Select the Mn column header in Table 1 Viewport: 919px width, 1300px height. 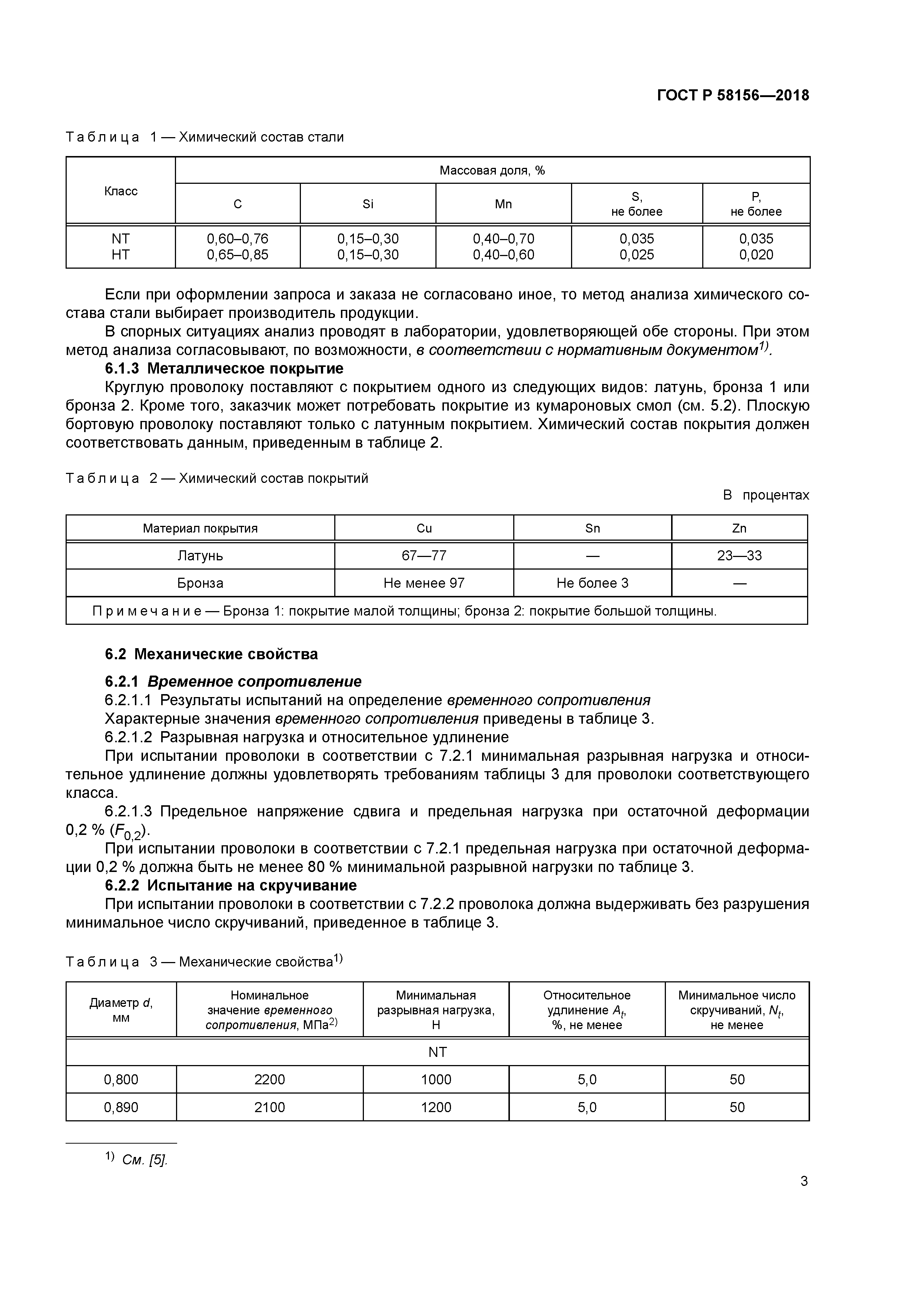click(503, 204)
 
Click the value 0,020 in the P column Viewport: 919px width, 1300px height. click(756, 255)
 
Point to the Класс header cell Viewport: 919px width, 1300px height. click(120, 191)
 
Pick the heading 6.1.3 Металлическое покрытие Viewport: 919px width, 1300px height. click(224, 369)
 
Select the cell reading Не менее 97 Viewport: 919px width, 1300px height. click(424, 583)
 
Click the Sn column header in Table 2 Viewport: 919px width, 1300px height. click(592, 528)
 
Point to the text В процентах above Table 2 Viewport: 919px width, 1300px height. click(766, 495)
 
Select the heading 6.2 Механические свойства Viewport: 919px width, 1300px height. click(211, 654)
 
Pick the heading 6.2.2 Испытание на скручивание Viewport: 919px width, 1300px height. click(231, 885)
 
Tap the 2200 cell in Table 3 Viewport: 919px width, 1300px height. click(269, 1079)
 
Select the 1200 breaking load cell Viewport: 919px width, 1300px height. click(436, 1107)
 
